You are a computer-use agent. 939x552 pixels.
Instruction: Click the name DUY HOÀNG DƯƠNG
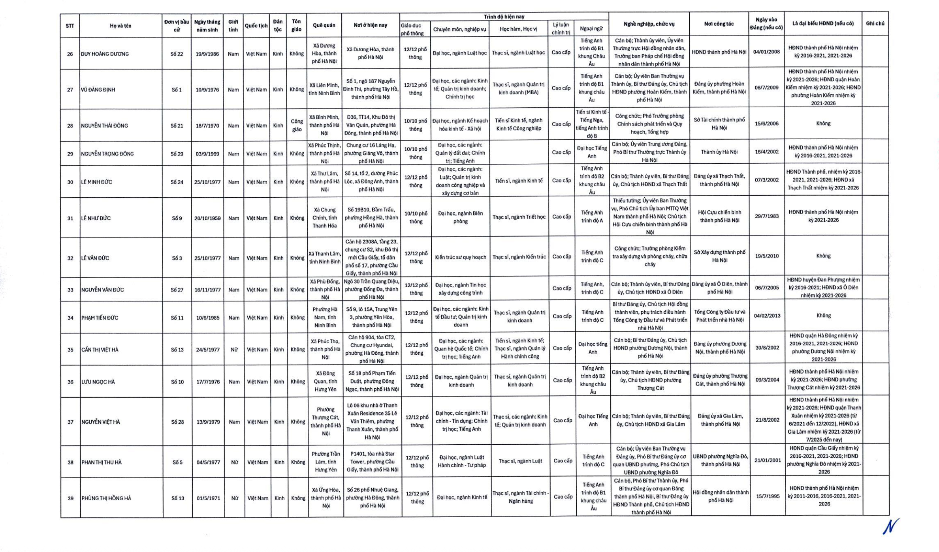(x=105, y=54)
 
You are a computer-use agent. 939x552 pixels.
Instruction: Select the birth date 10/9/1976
(x=207, y=90)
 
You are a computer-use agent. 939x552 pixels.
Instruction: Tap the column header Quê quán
(x=324, y=25)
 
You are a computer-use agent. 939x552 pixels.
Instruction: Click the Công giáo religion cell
(x=297, y=125)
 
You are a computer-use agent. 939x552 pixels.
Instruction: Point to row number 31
(x=70, y=218)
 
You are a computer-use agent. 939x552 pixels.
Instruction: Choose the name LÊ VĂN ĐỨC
(x=95, y=258)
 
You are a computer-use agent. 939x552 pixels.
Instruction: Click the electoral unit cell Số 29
(x=177, y=154)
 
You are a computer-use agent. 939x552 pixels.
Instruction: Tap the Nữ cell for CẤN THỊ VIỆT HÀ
(x=234, y=350)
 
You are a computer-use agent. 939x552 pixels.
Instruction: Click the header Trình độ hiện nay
(x=504, y=17)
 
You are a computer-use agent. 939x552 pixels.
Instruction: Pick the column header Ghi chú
(x=875, y=24)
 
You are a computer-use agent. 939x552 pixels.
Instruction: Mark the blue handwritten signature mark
(x=890, y=526)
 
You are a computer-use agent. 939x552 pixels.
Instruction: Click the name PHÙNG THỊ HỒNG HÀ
(x=106, y=498)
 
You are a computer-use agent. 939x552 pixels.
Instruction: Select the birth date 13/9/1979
(x=208, y=422)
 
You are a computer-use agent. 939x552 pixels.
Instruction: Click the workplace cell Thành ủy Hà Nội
(x=719, y=152)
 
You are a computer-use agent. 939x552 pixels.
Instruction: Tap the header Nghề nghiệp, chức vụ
(x=649, y=24)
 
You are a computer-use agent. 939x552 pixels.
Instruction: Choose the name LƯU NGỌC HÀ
(x=98, y=382)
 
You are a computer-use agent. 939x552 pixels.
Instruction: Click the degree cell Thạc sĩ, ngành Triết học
(x=519, y=217)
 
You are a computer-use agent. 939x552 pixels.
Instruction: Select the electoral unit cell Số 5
(x=177, y=462)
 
